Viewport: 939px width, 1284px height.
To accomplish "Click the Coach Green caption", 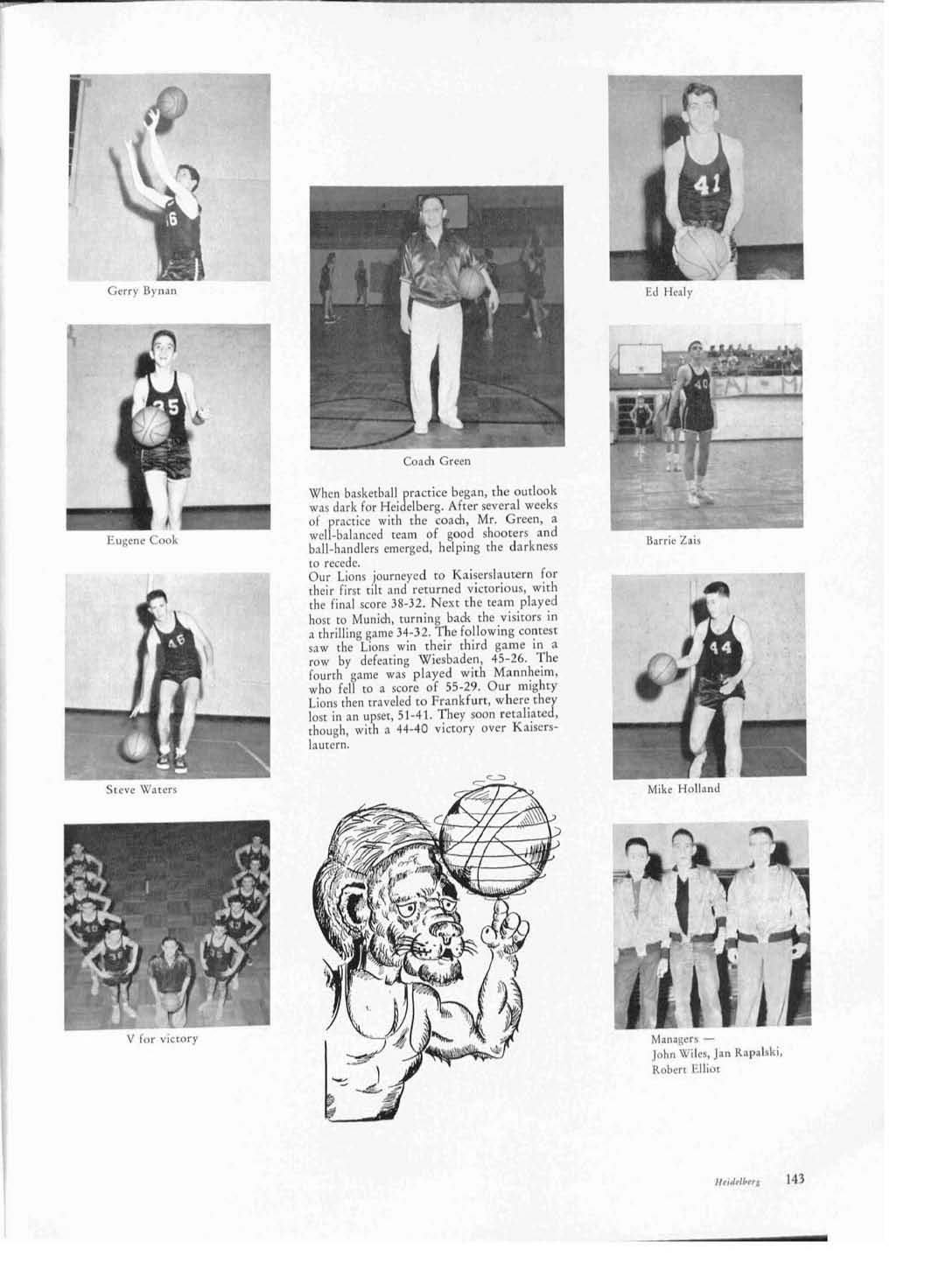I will [437, 460].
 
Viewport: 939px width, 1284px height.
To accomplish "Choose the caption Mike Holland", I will [683, 789].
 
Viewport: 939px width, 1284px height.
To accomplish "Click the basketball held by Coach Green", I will [471, 283].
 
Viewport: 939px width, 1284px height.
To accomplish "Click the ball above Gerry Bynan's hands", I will [172, 102].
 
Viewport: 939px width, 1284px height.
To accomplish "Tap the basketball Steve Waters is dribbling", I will [136, 746].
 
